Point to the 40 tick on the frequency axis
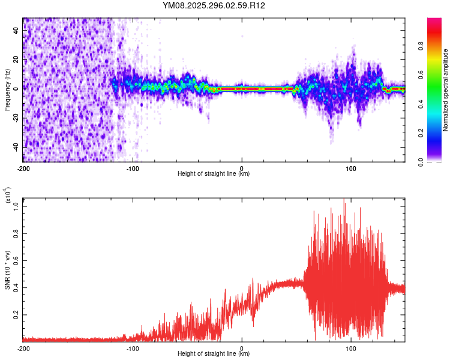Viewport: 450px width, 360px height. click(17, 31)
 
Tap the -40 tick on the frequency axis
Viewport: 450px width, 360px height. click(17, 146)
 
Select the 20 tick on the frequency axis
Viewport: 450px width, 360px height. click(17, 60)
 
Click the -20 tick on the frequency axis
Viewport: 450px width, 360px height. click(17, 118)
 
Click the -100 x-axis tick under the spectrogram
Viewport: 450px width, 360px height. click(132, 168)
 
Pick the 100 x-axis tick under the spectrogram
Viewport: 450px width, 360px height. click(351, 168)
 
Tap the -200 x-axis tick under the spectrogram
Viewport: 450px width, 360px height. click(23, 168)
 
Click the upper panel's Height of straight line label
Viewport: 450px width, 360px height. click(214, 174)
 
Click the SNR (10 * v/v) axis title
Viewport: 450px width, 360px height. click(7, 269)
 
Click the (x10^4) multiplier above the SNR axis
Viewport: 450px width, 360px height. click(8, 196)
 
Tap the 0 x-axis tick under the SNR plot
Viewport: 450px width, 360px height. click(242, 348)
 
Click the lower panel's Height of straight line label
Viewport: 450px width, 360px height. click(214, 354)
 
